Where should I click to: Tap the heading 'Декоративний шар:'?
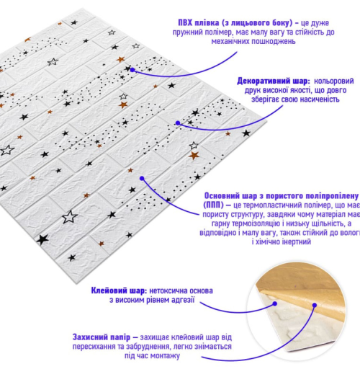tap(274, 81)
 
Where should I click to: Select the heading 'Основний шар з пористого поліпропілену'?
tap(281, 196)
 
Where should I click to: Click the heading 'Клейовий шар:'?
tap(119, 290)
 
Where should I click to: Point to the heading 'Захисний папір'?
tap(102, 337)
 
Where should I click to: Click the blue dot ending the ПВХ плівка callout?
tap(132, 70)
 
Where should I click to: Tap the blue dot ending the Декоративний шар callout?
tap(178, 123)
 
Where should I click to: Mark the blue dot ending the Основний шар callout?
tap(142, 179)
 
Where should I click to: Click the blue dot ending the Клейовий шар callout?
tap(275, 303)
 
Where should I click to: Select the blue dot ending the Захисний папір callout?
tap(315, 305)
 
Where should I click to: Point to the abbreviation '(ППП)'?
tap(213, 205)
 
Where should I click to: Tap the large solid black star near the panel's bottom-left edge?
tap(42, 240)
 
